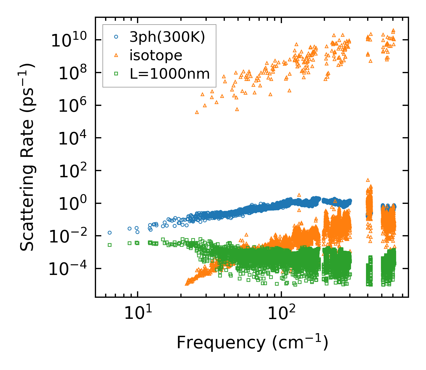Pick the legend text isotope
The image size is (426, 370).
pos(156,55)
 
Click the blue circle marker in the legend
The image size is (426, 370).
pos(116,37)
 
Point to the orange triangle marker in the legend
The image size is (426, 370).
pos(116,55)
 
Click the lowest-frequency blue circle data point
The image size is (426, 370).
pos(110,233)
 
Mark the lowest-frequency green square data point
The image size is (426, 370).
pos(110,245)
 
